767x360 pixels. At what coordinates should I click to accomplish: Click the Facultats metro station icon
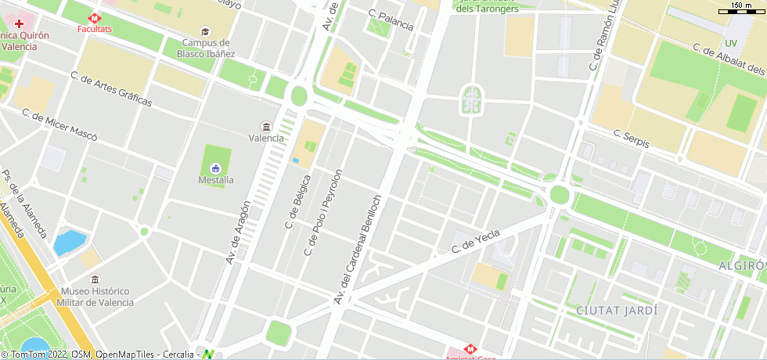click(x=94, y=16)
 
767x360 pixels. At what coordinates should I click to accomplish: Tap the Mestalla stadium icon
click(x=215, y=167)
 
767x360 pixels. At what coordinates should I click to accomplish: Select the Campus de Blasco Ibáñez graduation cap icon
click(x=206, y=31)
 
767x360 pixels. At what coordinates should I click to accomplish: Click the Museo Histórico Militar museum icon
click(x=95, y=279)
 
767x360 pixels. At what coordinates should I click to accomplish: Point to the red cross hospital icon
click(x=20, y=24)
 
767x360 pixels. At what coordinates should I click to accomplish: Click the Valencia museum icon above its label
click(x=266, y=127)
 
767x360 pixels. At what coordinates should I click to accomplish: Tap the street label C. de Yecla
click(x=475, y=244)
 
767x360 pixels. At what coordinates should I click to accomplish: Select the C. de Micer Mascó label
click(x=60, y=125)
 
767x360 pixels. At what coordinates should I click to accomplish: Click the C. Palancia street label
click(x=391, y=20)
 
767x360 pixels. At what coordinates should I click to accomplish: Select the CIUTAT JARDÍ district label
click(x=617, y=311)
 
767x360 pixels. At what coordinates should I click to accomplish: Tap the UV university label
click(x=731, y=43)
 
